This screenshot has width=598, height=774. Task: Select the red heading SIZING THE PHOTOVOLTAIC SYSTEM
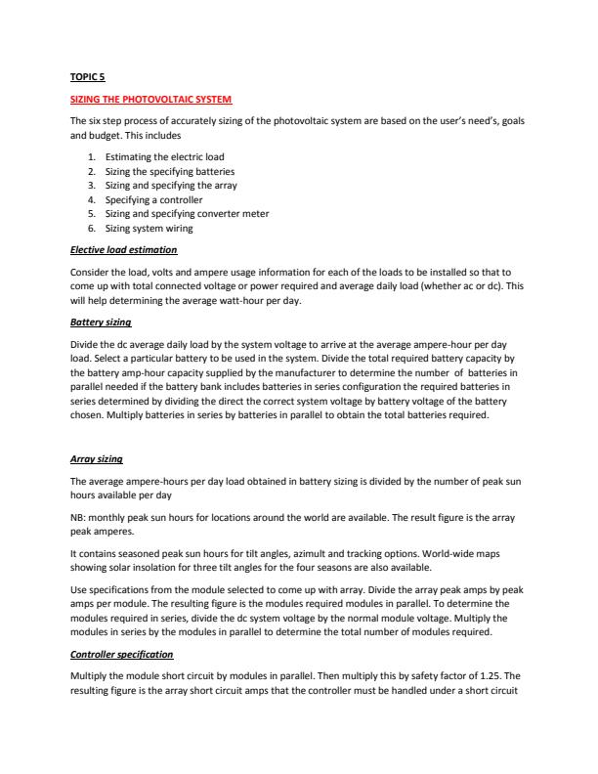(x=150, y=100)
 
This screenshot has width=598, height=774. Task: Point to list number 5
(x=91, y=213)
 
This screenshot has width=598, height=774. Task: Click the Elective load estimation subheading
(x=123, y=250)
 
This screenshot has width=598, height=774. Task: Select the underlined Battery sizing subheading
(x=101, y=322)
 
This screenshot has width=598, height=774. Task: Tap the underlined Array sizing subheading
(x=96, y=458)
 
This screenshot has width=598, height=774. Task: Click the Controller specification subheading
(x=122, y=654)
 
